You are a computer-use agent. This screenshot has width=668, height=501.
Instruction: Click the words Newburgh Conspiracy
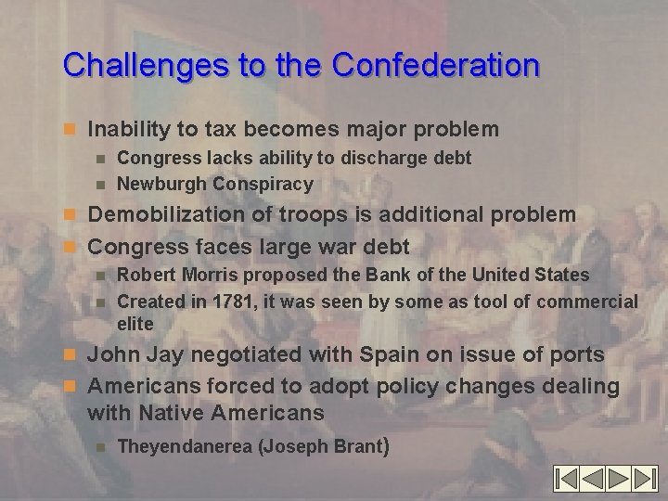click(x=214, y=184)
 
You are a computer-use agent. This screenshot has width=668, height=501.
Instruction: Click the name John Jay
click(x=126, y=355)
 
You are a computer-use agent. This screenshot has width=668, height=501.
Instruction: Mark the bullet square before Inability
click(x=75, y=129)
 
